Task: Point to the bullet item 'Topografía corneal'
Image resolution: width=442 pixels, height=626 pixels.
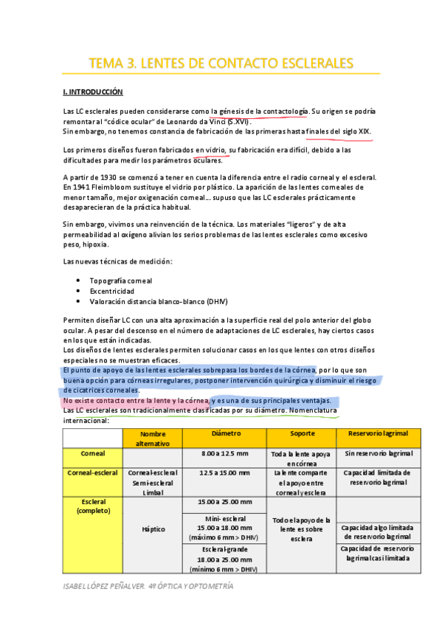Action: [x=121, y=281]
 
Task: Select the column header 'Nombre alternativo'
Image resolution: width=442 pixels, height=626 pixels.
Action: [x=153, y=438]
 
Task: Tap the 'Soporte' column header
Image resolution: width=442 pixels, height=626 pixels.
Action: [x=301, y=433]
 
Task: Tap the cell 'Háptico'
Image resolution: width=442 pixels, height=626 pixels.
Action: [x=153, y=529]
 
